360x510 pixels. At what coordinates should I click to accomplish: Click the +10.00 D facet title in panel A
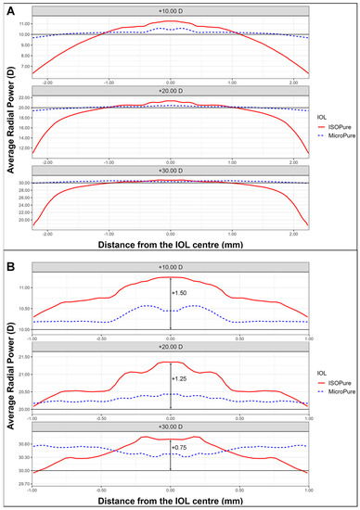tap(168, 13)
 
